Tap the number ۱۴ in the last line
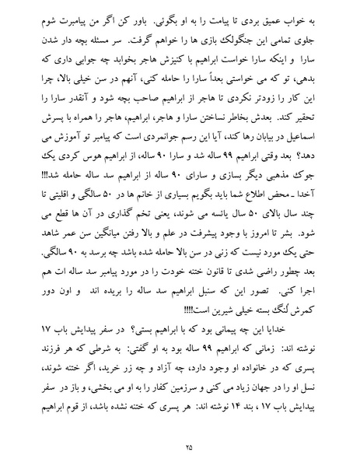(225, 408)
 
